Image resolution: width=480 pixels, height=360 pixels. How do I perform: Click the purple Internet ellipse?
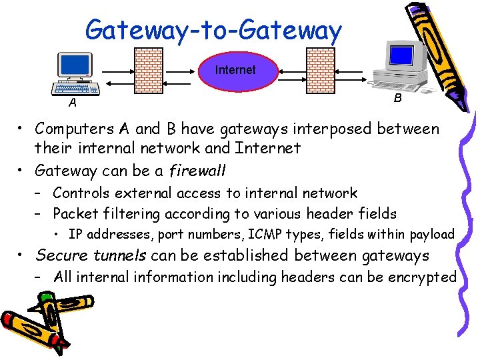pos(235,70)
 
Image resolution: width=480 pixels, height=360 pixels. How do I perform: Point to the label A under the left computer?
pos(72,103)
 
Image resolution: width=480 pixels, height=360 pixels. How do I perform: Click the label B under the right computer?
pos(397,98)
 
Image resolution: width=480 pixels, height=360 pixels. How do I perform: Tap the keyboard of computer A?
pos(75,88)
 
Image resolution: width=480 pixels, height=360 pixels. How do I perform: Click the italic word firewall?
pos(199,170)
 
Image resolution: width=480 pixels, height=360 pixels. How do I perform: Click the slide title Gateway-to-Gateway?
pos(213,30)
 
